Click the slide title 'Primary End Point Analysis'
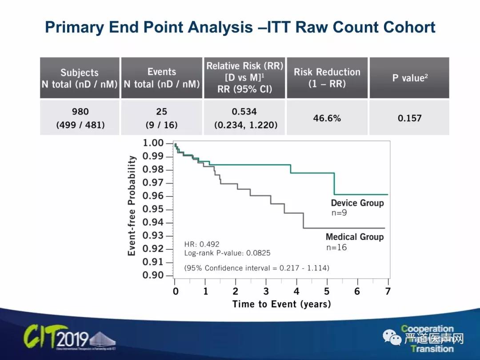coord(240,27)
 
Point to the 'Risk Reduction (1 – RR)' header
coord(327,78)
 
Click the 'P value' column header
coord(409,78)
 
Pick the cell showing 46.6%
coord(327,118)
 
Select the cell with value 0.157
coord(409,118)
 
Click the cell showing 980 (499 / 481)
coord(80,118)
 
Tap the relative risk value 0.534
coord(244,112)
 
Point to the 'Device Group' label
coord(357,203)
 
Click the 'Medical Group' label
coord(354,237)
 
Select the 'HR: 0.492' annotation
coord(202,244)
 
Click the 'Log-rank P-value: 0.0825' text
coord(227,253)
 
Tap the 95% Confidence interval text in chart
coord(256,268)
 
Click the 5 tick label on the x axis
coord(327,292)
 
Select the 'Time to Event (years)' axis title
coord(281,304)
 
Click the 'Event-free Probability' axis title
coord(132,205)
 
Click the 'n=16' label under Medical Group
coord(336,247)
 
